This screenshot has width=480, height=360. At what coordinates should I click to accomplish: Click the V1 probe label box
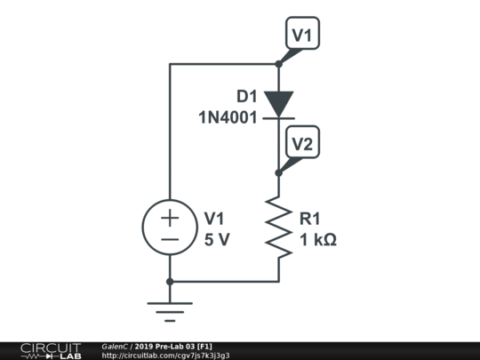point(302,35)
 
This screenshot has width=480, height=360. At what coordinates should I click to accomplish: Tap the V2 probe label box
point(302,144)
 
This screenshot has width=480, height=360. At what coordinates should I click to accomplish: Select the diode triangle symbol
point(279,104)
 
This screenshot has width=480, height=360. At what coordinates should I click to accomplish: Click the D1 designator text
point(247,96)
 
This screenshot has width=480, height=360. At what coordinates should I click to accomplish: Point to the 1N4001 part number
point(228,116)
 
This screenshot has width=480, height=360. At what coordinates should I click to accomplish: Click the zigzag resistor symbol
point(279,228)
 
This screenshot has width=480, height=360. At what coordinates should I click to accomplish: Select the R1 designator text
point(311,219)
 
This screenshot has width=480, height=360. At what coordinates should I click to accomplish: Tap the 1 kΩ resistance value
point(318,240)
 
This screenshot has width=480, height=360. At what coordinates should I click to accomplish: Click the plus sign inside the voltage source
point(170,216)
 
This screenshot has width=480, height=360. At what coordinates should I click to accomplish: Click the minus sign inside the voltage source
point(170,240)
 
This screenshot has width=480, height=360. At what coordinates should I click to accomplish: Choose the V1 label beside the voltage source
point(215,219)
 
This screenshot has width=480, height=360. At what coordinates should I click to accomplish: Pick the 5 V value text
point(217,240)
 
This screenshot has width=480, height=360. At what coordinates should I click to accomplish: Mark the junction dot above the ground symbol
point(170,282)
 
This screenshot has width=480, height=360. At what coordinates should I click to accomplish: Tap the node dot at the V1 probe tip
point(279,63)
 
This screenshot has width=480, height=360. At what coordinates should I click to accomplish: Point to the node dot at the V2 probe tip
point(279,172)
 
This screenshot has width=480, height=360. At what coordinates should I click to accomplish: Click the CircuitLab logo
point(50,350)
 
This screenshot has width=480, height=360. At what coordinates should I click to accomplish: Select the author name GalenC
point(116,346)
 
